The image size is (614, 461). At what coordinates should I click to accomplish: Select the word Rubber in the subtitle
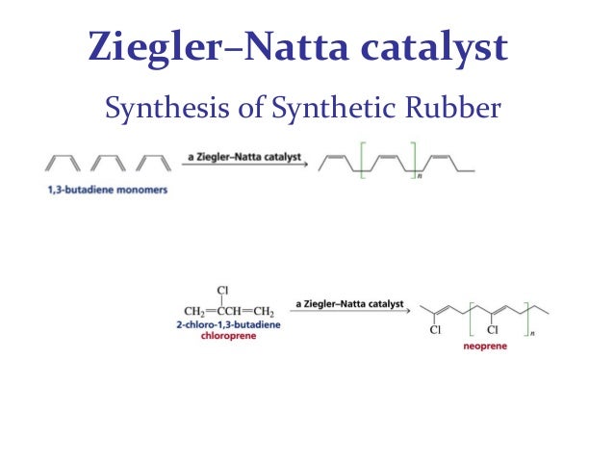coord(455,109)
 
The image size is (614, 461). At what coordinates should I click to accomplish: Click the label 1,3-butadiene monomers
coord(107,190)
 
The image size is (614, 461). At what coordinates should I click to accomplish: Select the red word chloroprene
coord(229,337)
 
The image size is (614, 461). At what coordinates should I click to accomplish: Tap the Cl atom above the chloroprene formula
coord(223,289)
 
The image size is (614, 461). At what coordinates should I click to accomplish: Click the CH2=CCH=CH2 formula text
coord(229,311)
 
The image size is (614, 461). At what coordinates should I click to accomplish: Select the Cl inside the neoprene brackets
coord(492,330)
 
